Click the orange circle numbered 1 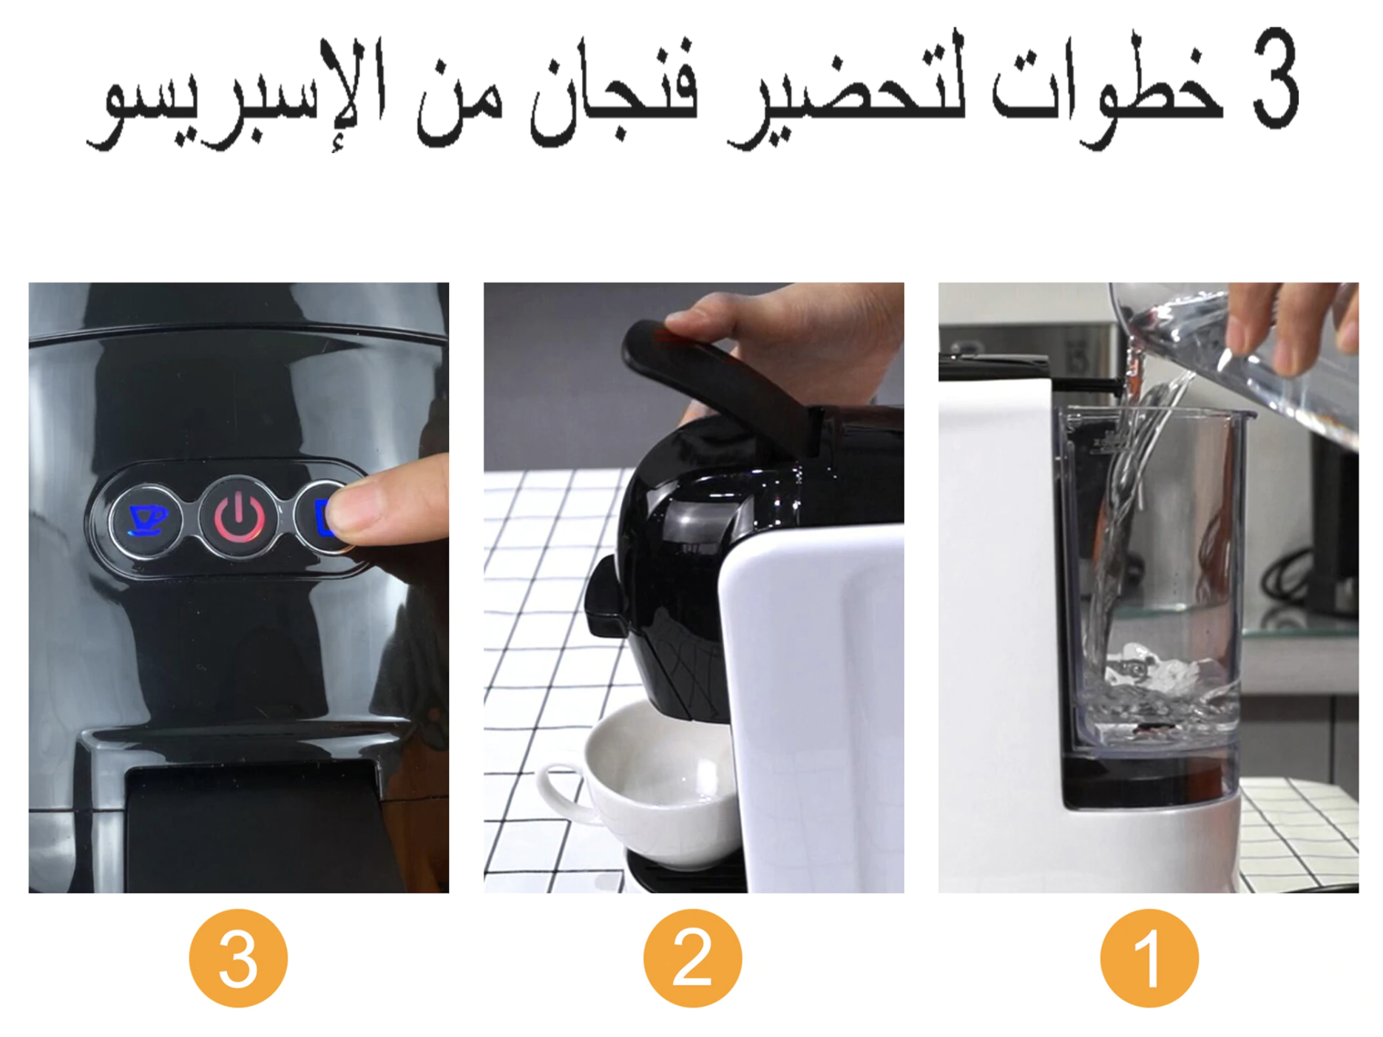coord(1149,958)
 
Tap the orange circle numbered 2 coord(692,958)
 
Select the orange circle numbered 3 coord(238,958)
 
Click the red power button coord(239,517)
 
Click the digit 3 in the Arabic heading coord(1276,79)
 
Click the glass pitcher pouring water coord(1235,355)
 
